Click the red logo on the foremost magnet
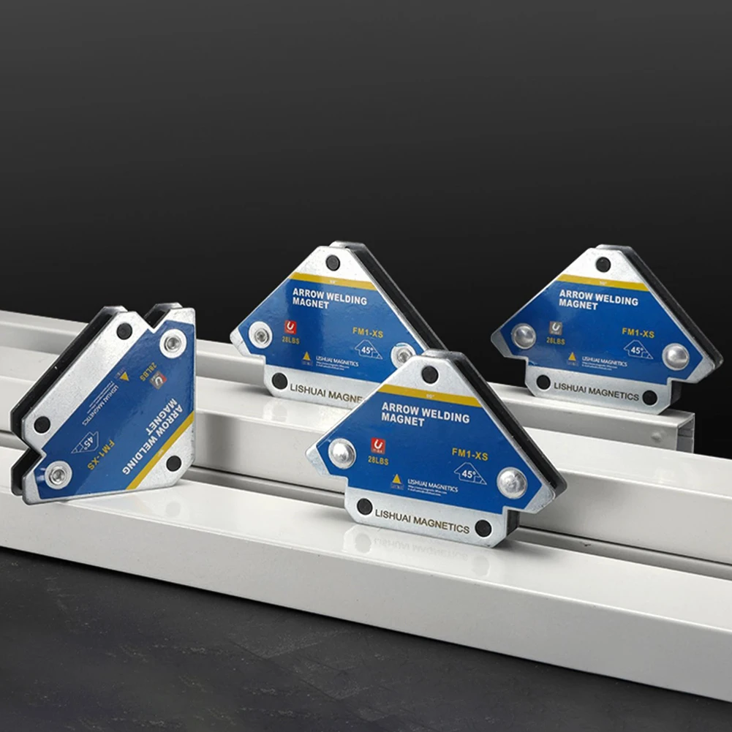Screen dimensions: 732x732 click(x=377, y=445)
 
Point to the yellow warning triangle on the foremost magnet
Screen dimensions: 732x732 click(x=396, y=480)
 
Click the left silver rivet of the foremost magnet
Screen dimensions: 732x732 click(x=342, y=453)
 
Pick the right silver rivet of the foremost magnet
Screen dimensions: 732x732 click(x=511, y=483)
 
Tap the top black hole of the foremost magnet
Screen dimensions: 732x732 click(x=430, y=374)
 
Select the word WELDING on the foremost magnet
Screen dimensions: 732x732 click(x=442, y=416)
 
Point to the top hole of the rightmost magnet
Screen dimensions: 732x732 click(x=603, y=264)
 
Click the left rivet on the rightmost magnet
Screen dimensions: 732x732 click(x=524, y=336)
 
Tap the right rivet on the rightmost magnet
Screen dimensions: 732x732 click(x=675, y=356)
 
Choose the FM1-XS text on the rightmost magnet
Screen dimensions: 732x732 click(x=638, y=332)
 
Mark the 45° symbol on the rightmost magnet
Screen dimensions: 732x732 click(x=638, y=350)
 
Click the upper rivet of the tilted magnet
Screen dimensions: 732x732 click(x=173, y=342)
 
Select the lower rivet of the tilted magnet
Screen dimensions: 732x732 click(x=58, y=475)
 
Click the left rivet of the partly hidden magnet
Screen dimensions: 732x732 click(x=260, y=336)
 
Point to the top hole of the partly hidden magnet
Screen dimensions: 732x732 click(x=333, y=263)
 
